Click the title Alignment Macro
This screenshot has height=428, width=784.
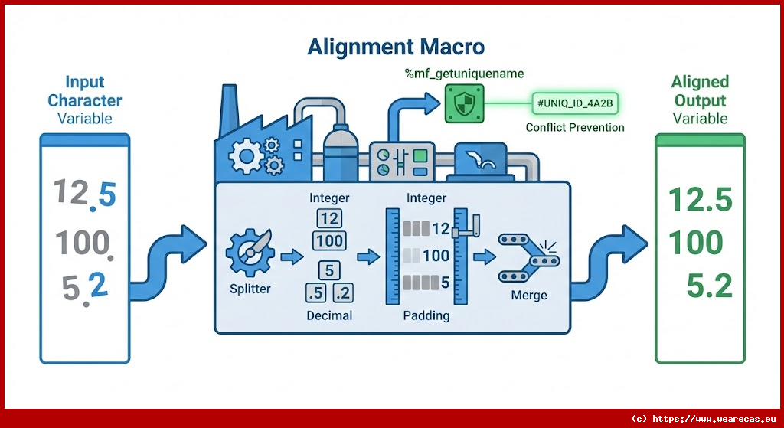[x=396, y=47]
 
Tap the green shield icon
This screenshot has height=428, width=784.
[x=463, y=103]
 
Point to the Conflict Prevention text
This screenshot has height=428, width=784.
[x=575, y=127]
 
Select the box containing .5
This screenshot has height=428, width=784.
[x=315, y=292]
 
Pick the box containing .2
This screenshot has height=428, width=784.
[x=342, y=292]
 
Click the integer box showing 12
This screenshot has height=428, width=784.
[x=328, y=219]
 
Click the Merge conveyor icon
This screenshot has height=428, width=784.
[x=528, y=260]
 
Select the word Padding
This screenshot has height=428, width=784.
[x=426, y=315]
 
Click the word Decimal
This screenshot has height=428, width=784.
[x=329, y=315]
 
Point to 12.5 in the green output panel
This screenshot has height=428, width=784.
[x=700, y=201]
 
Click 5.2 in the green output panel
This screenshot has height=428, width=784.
[x=709, y=286]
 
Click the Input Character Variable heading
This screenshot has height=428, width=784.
[x=84, y=100]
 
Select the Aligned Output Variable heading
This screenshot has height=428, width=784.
[x=699, y=100]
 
